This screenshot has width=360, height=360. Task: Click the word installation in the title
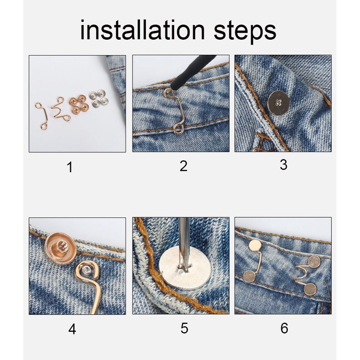(x=142, y=31)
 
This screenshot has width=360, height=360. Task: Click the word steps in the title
(x=245, y=32)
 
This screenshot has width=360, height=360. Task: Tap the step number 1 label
(x=70, y=167)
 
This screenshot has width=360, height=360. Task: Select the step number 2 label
(x=184, y=166)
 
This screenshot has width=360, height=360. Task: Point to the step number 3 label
(x=284, y=165)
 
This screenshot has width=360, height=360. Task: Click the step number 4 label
(x=72, y=329)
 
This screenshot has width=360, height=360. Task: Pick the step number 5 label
(x=185, y=328)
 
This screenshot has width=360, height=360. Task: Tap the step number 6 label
(x=284, y=328)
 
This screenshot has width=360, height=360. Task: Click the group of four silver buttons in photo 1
(x=99, y=98)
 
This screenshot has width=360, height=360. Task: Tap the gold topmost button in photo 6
(x=255, y=246)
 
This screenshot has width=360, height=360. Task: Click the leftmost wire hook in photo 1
(x=42, y=115)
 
